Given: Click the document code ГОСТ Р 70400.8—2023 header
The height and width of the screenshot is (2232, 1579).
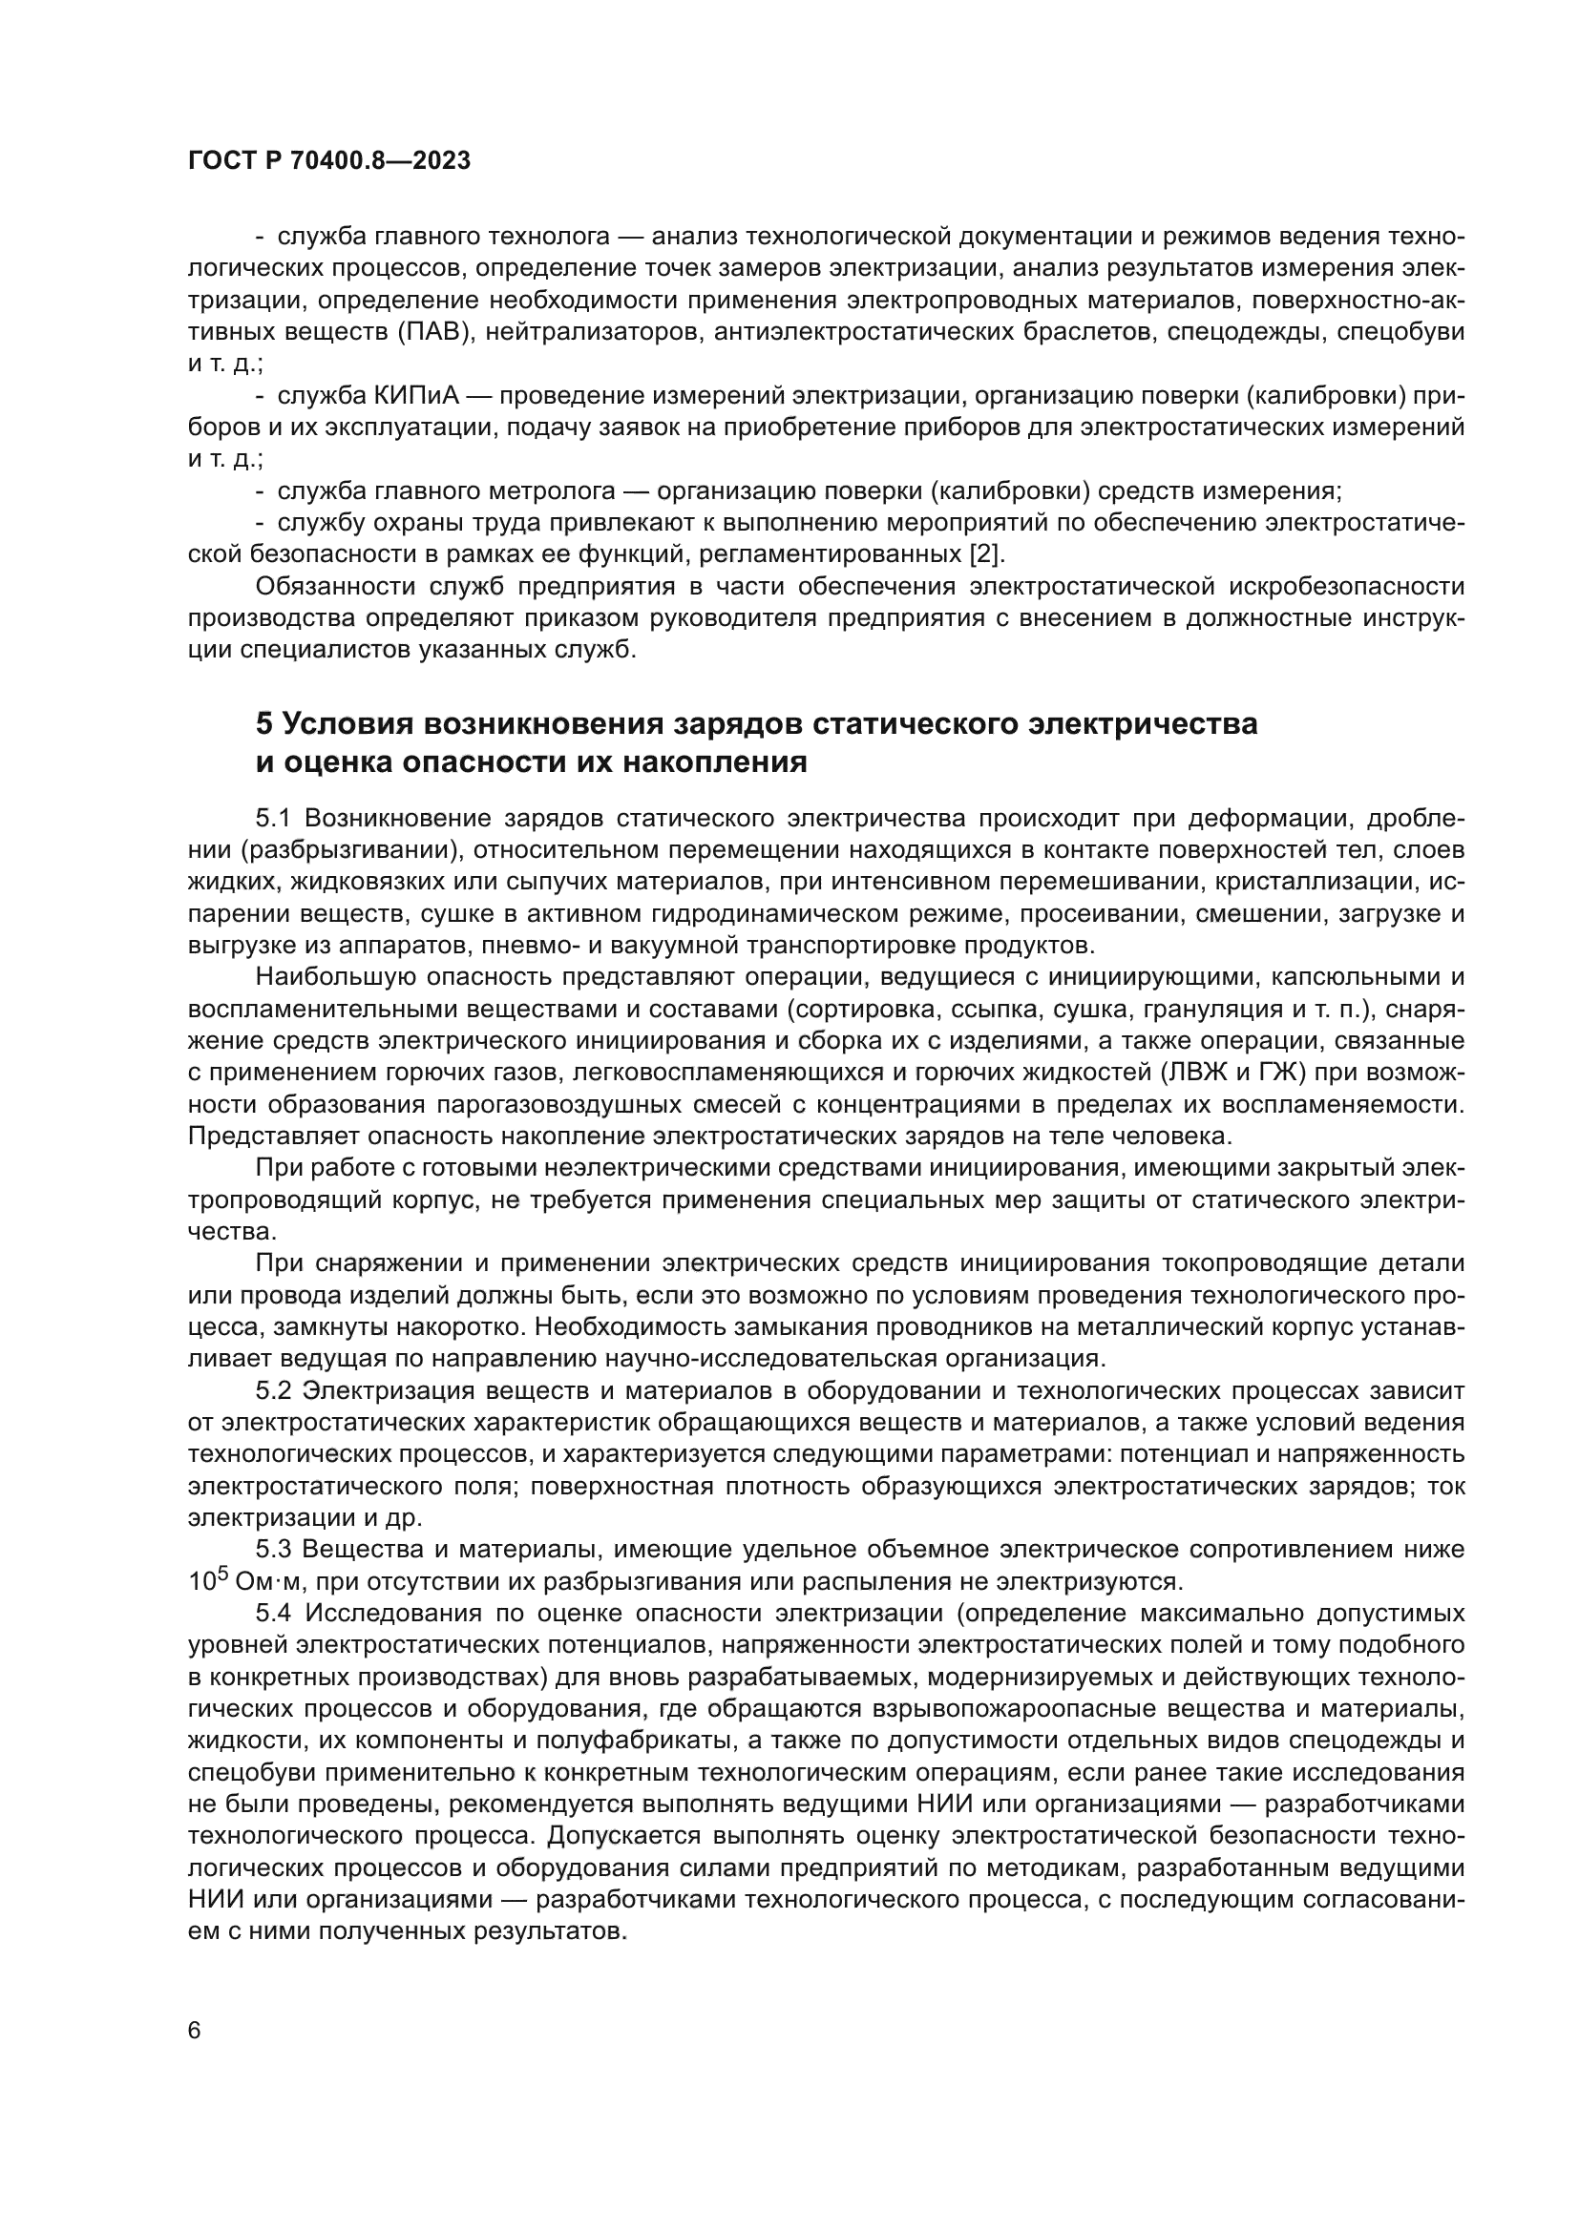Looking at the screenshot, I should pyautogui.click(x=328, y=161).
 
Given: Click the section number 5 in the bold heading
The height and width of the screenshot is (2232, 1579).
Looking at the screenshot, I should pyautogui.click(x=264, y=724).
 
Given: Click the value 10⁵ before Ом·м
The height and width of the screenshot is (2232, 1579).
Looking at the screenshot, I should pyautogui.click(x=206, y=1579).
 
